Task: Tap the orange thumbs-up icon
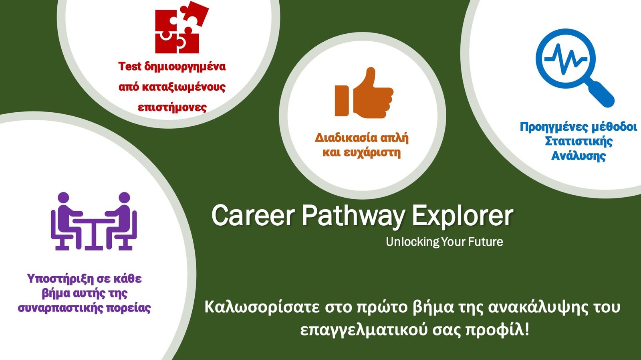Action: [364, 93]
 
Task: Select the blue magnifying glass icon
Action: [574, 68]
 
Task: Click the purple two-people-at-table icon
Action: [94, 221]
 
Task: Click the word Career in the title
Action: [253, 216]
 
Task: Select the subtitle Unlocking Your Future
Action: [444, 242]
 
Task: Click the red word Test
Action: [130, 66]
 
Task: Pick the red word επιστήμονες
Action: [172, 108]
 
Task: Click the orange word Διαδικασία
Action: [343, 138]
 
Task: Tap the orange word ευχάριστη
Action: [372, 153]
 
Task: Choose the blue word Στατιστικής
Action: [579, 141]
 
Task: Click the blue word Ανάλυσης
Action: [579, 156]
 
